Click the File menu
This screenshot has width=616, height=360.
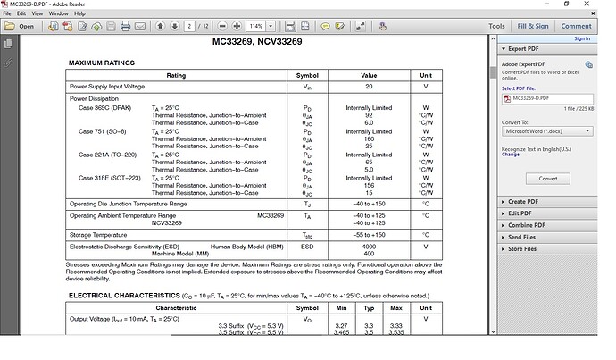(8, 14)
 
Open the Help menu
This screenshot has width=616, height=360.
(80, 14)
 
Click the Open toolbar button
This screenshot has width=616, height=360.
(21, 26)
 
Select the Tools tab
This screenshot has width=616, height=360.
(496, 26)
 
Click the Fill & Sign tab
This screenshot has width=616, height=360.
(533, 26)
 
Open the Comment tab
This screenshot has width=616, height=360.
(576, 26)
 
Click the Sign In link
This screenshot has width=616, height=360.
(582, 38)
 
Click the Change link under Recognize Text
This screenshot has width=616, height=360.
(511, 155)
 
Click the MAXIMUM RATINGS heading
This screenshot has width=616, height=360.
(102, 63)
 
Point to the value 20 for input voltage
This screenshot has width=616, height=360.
(369, 86)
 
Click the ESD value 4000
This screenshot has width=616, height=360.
(369, 246)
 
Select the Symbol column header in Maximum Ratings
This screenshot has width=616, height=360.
(307, 75)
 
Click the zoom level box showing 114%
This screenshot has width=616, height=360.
(258, 26)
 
